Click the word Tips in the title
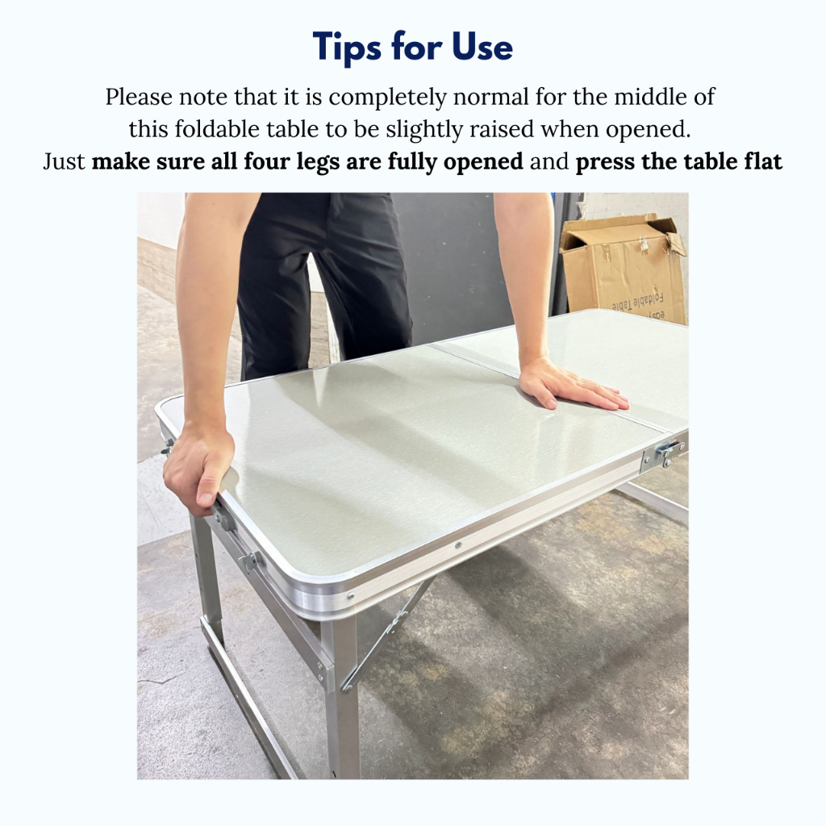click(x=347, y=48)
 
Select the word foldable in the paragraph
click(x=217, y=129)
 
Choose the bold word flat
click(x=763, y=161)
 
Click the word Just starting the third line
click(x=64, y=161)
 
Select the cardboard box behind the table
click(x=624, y=268)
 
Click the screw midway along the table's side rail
click(x=458, y=545)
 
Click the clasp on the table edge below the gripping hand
click(x=250, y=561)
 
